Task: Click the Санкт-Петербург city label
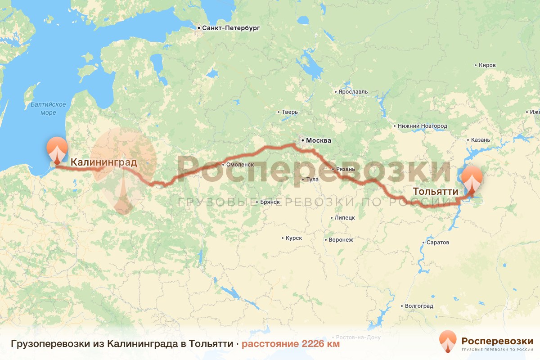pos(231,28)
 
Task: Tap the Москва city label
pos(319,141)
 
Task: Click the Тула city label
pos(312,180)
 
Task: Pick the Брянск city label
pos(270,202)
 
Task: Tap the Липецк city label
pos(345,218)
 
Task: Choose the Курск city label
pos(293,238)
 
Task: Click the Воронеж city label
pos(341,240)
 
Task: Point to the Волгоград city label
pos(419,306)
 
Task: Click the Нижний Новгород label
pos(423,126)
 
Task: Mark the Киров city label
pos(487,65)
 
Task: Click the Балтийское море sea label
pos(48,108)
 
